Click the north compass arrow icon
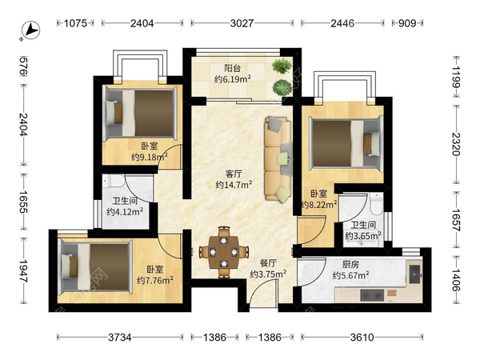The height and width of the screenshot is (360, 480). (x=31, y=30)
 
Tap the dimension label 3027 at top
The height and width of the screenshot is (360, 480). (x=242, y=23)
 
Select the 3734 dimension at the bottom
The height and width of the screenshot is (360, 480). (x=120, y=338)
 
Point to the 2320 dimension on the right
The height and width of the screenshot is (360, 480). (x=456, y=144)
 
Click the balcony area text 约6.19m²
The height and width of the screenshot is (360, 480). (x=233, y=79)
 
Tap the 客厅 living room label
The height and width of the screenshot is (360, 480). (x=234, y=174)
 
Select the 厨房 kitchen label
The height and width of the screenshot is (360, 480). (x=350, y=264)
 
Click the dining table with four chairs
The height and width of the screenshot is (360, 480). (x=224, y=252)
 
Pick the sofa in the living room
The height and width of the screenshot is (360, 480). (x=278, y=158)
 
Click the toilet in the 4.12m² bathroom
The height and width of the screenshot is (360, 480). (x=114, y=180)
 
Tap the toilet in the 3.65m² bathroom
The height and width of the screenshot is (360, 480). (x=376, y=203)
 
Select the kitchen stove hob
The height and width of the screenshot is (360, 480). (x=372, y=295)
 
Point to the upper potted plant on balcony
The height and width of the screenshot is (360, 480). (x=282, y=66)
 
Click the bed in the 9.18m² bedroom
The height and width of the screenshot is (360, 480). (x=141, y=114)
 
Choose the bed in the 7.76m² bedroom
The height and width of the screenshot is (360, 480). (x=96, y=266)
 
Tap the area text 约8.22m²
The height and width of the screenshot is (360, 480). (x=319, y=204)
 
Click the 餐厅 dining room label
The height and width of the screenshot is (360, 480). (x=268, y=263)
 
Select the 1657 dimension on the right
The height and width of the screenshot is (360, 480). (x=456, y=220)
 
